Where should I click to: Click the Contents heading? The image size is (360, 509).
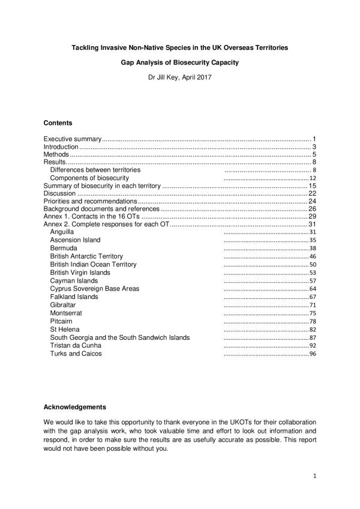coord(58,123)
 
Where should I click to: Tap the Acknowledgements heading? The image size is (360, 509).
coord(75,406)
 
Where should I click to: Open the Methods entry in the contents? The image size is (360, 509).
coord(55,154)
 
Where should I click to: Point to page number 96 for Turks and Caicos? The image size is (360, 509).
coord(312,354)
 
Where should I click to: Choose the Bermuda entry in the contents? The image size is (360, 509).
coord(64,248)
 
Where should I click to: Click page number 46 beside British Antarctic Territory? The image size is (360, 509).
coord(312,256)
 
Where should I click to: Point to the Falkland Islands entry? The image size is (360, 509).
coord(74,297)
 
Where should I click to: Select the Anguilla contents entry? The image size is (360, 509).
coord(62,232)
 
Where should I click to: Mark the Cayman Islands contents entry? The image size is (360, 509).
coord(74,280)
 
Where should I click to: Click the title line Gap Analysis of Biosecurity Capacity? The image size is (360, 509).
coord(179,62)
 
